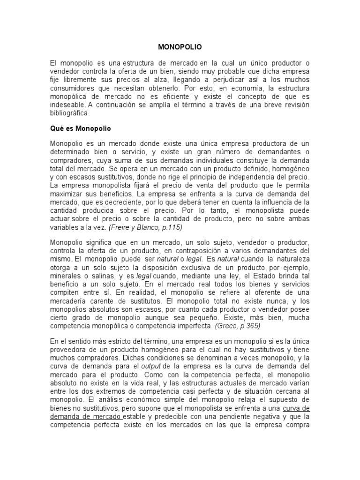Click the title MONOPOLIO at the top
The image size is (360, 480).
pos(180,47)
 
